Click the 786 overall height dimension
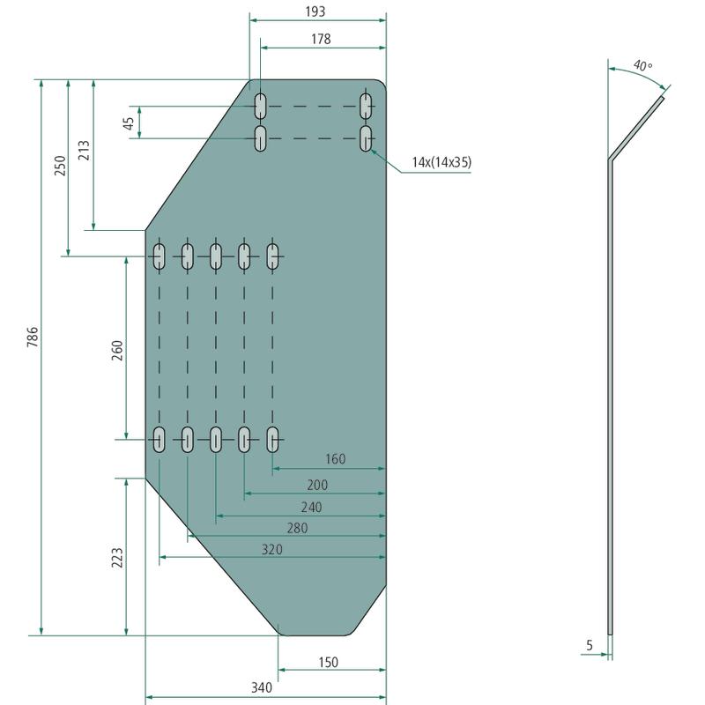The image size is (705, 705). pos(33,338)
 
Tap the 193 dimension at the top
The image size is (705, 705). pos(315,11)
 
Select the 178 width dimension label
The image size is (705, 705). pos(321,39)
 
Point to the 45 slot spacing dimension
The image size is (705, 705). pos(129,122)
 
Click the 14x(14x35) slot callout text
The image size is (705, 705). pos(442,162)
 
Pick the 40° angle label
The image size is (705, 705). pos(642,65)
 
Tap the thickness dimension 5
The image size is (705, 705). pos(590,645)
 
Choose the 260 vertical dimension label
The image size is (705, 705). pos(117,350)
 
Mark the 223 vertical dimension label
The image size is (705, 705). pos(117,558)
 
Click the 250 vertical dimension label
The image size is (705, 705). pos(60,166)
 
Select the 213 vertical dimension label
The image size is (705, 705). pos(84,150)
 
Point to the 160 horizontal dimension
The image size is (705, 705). pos(336,459)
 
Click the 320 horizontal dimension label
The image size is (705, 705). pos(272,549)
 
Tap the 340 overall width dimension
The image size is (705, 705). pos(262,687)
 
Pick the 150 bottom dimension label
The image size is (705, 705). pos(328,663)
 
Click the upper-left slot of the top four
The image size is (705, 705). pos(260,107)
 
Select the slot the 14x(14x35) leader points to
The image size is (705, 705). pos(366,138)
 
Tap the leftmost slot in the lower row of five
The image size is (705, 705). pos(160,439)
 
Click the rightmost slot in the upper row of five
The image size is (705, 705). pos(272,256)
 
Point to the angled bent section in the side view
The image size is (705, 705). pos(636,128)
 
